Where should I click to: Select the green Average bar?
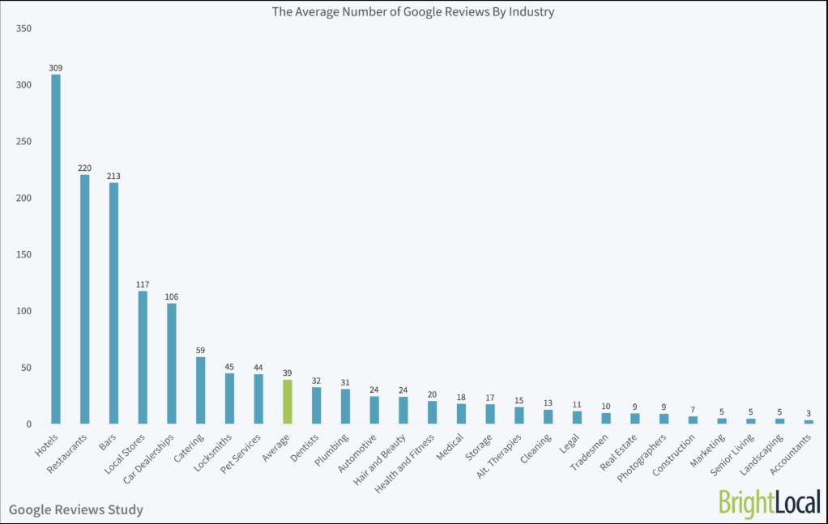click(x=287, y=402)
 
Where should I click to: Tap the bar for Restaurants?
click(x=85, y=299)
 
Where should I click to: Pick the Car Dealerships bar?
click(x=172, y=364)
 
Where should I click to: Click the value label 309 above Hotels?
click(x=56, y=68)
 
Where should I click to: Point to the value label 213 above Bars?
click(x=113, y=176)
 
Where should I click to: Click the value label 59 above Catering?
click(x=200, y=350)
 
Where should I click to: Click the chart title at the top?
click(x=413, y=12)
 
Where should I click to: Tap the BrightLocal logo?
click(x=769, y=503)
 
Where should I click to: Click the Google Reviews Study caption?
click(x=76, y=509)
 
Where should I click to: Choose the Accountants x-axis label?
click(x=793, y=454)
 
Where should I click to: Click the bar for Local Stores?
click(x=143, y=357)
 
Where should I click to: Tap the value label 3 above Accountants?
click(x=809, y=413)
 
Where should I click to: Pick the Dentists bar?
click(x=316, y=405)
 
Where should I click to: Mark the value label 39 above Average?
click(x=287, y=373)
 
